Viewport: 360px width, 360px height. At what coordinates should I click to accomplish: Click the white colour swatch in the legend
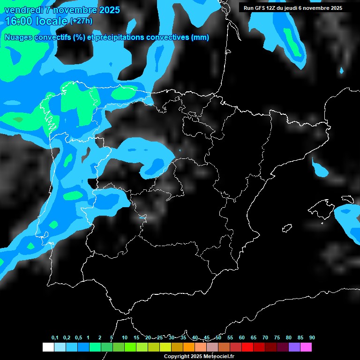48,347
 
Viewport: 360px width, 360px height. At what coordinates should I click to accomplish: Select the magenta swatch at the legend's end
306,347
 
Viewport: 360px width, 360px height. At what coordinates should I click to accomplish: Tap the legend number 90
312,337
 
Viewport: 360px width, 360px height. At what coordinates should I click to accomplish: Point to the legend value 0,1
55,337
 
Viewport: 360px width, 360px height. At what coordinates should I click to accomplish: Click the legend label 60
242,337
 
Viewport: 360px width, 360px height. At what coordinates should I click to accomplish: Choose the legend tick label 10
125,337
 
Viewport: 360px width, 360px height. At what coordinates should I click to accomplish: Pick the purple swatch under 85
294,347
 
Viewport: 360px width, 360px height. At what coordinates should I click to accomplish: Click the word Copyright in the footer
177,357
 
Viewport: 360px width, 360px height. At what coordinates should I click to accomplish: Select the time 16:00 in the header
19,21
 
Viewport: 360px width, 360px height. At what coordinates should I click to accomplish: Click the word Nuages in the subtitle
18,37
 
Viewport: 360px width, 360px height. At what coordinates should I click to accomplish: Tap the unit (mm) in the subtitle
200,37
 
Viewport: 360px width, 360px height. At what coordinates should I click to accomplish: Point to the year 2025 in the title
107,10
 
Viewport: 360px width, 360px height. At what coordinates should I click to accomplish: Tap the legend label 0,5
78,337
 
